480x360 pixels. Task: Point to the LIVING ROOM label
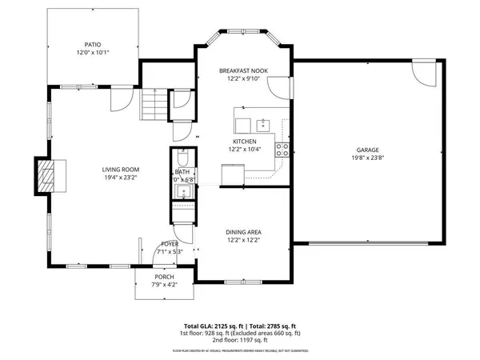121,170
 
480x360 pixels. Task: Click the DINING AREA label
244,231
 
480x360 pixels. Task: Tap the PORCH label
164,277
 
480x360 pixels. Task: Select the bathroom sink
182,190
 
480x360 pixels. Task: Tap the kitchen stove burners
282,148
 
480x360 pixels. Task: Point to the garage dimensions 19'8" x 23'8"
368,158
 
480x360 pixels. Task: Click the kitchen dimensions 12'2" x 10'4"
244,150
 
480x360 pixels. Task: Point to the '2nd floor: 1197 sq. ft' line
240,341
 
